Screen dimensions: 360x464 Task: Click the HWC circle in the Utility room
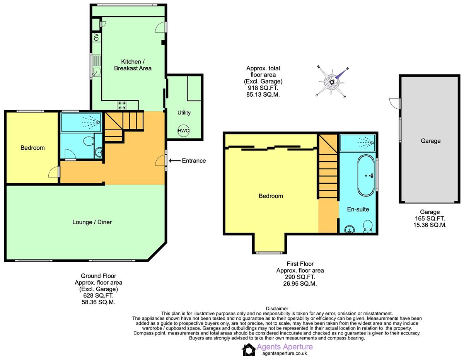click(x=184, y=131)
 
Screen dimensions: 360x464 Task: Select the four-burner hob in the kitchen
click(x=123, y=105)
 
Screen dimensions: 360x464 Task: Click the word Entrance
click(x=194, y=161)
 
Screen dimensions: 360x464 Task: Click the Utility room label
click(x=184, y=113)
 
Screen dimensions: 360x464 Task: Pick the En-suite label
click(x=358, y=209)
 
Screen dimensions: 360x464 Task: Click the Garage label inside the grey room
click(x=430, y=141)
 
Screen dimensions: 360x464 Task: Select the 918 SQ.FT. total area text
click(x=263, y=88)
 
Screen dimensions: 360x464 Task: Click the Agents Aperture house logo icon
click(x=249, y=350)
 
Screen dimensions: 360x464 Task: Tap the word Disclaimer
click(x=277, y=308)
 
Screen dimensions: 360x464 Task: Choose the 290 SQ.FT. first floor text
click(x=300, y=277)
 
